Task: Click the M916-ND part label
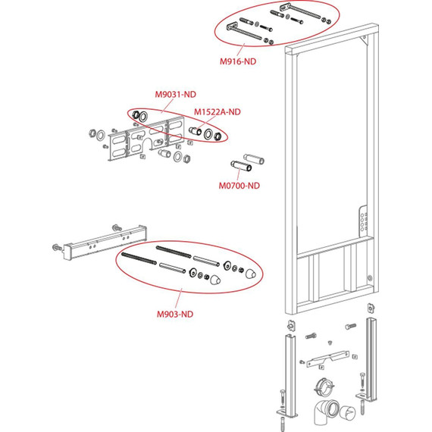point(238,61)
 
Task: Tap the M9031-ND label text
point(176,95)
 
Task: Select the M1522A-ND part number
point(218,112)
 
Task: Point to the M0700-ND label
point(239,186)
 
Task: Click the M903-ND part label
point(175,314)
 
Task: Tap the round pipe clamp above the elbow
point(324,387)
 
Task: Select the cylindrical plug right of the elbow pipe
point(347,413)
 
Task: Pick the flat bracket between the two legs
point(327,358)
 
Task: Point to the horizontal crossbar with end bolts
point(105,243)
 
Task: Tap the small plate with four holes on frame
point(363,221)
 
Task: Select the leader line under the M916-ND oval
point(240,50)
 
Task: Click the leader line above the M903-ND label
point(179,299)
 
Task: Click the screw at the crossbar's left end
point(57,247)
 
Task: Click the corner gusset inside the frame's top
point(364,39)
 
